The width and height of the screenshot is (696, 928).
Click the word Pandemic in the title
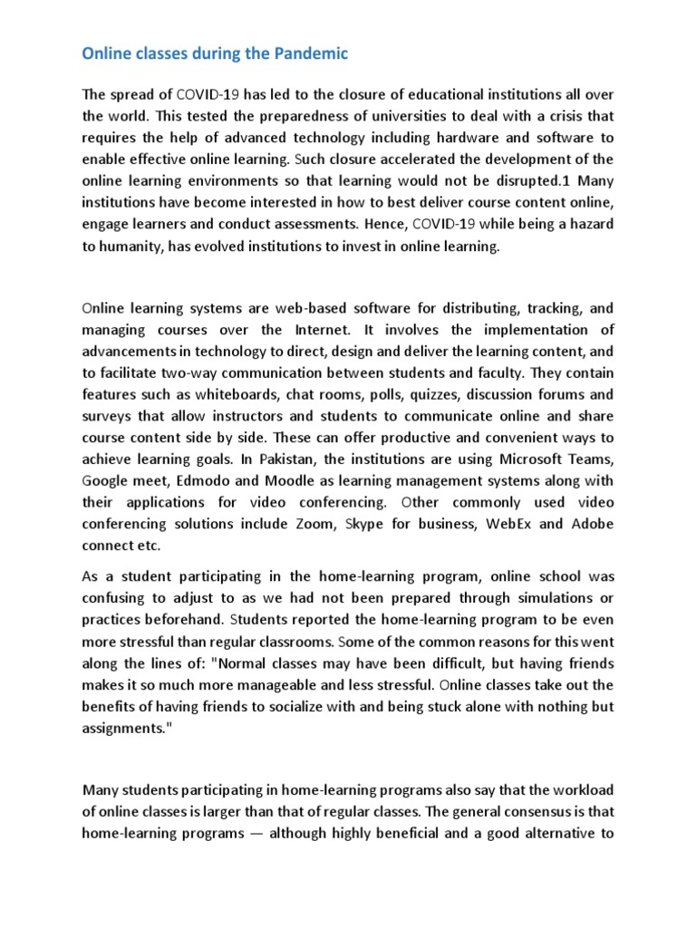(308, 54)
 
